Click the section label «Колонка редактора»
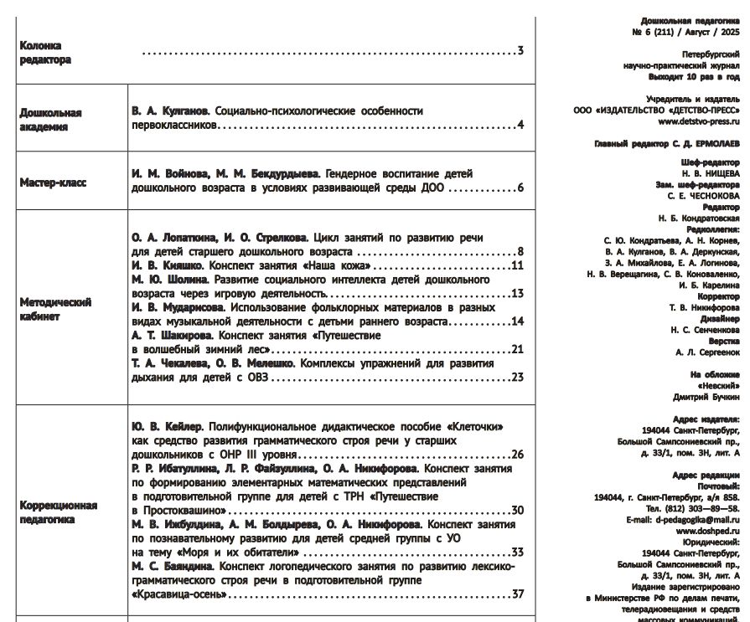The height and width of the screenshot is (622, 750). point(45,53)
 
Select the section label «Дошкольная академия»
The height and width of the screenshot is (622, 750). point(50,119)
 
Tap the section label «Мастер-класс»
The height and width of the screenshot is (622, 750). point(53,182)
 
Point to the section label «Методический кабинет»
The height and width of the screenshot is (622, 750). point(55,308)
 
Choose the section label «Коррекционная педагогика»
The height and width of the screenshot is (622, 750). point(59,512)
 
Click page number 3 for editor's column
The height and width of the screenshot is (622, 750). point(520,52)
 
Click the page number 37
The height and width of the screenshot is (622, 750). point(517,594)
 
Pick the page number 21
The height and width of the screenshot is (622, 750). point(517,348)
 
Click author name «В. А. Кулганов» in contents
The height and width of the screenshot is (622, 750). point(170,111)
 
